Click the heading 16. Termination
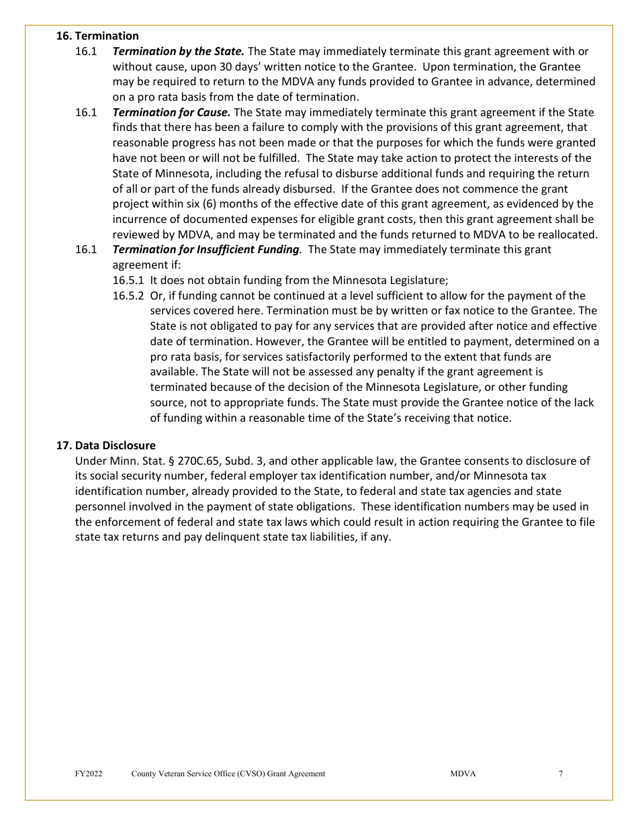pos(97,36)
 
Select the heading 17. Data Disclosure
pos(105,445)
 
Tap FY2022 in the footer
pos(89,774)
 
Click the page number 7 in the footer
pos(561,774)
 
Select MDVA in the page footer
pos(463,774)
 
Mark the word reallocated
pos(566,234)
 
